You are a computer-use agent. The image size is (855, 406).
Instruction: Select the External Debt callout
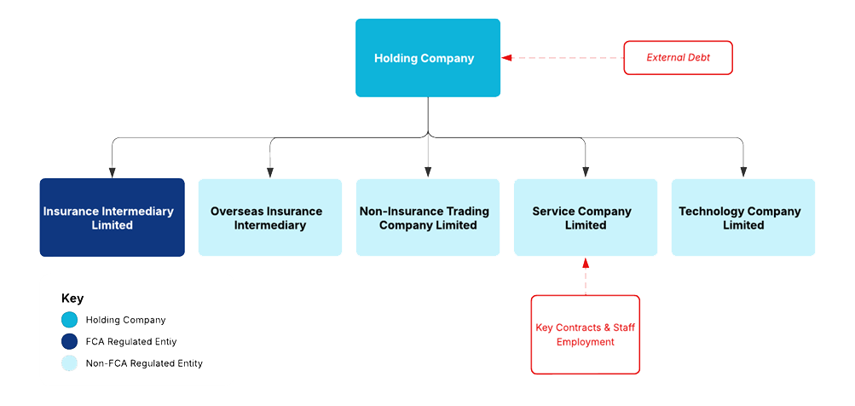[x=678, y=58]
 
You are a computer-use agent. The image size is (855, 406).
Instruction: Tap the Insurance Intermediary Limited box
[x=112, y=217]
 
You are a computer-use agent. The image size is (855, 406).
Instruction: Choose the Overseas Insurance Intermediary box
[x=269, y=217]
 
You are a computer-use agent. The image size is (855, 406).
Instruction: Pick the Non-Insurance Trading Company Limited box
[x=427, y=217]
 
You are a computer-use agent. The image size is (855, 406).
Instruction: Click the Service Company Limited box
[x=585, y=217]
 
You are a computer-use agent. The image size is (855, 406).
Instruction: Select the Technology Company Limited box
[x=742, y=217]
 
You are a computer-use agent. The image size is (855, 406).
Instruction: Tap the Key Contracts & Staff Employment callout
[x=585, y=334]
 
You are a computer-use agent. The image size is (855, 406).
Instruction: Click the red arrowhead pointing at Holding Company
[x=506, y=58]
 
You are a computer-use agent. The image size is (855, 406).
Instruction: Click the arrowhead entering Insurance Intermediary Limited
[x=112, y=172]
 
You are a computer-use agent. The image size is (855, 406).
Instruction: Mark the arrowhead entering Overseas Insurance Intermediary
[x=270, y=172]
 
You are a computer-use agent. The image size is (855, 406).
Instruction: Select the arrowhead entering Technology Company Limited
[x=743, y=172]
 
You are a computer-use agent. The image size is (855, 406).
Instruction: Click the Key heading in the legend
[x=72, y=299]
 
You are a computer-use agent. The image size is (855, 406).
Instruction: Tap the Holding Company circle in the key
[x=69, y=320]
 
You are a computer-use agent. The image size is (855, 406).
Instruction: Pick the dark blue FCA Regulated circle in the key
[x=69, y=341]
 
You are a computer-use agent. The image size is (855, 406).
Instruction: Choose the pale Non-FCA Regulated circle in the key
[x=69, y=362]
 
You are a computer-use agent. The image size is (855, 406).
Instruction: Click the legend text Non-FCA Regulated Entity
[x=144, y=362]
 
